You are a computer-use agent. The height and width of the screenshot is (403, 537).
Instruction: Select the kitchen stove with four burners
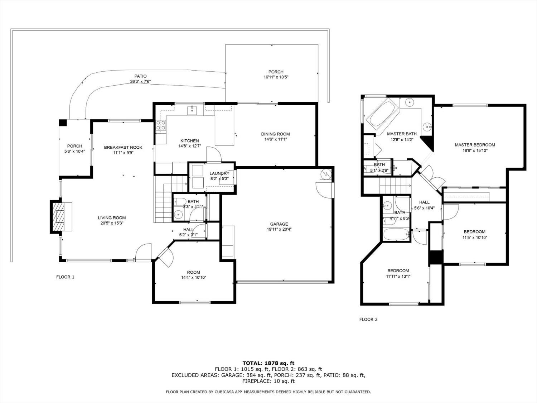(161, 125)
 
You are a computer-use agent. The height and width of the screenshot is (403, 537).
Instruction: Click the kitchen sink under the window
(193, 110)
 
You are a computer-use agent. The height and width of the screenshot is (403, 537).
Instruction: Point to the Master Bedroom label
(475, 145)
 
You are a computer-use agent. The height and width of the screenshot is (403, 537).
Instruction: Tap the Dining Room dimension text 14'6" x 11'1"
(275, 139)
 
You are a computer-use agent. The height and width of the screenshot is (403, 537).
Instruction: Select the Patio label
(140, 76)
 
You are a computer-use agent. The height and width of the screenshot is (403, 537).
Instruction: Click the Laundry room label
(219, 173)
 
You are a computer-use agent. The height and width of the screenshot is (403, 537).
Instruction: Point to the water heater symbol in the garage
(326, 174)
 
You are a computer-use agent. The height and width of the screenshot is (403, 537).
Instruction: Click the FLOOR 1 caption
(65, 277)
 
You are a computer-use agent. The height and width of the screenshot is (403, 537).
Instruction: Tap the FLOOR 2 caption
(368, 320)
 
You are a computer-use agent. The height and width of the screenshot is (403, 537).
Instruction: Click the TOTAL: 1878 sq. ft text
(268, 363)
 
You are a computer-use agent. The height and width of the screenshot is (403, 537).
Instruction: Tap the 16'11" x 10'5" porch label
(276, 77)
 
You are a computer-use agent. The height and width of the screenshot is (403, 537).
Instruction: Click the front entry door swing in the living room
(144, 251)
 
